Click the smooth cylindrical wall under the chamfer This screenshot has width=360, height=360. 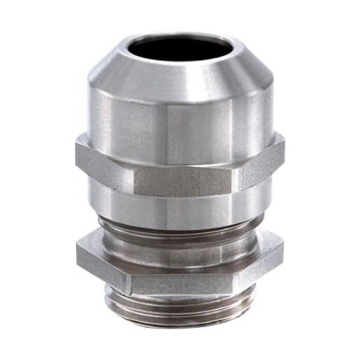pyautogui.click(x=180, y=119)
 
